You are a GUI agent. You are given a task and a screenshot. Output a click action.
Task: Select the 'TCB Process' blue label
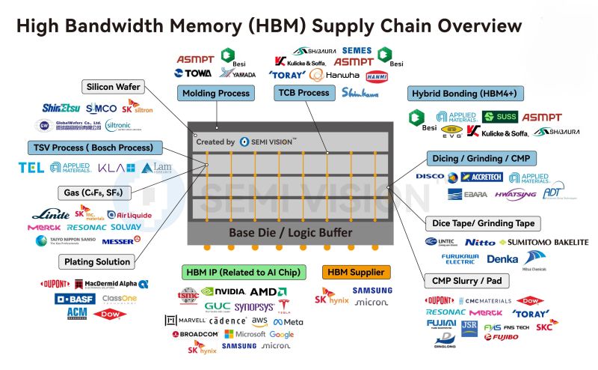pyautogui.click(x=303, y=93)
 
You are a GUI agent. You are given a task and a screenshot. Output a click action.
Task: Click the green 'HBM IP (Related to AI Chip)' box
pyautogui.click(x=239, y=272)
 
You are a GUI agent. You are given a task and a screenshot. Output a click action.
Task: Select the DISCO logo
pyautogui.click(x=430, y=178)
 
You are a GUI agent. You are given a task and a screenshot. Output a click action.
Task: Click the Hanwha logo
pyautogui.click(x=334, y=75)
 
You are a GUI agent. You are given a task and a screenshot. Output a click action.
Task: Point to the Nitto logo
pyautogui.click(x=479, y=242)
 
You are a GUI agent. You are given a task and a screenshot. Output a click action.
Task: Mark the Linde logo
pyautogui.click(x=50, y=214)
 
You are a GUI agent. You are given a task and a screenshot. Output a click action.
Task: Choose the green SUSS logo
pyautogui.click(x=499, y=117)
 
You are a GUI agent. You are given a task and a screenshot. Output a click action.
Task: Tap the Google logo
pyautogui.click(x=282, y=334)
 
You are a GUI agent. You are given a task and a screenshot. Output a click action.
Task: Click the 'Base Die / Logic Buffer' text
pyautogui.click(x=290, y=232)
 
